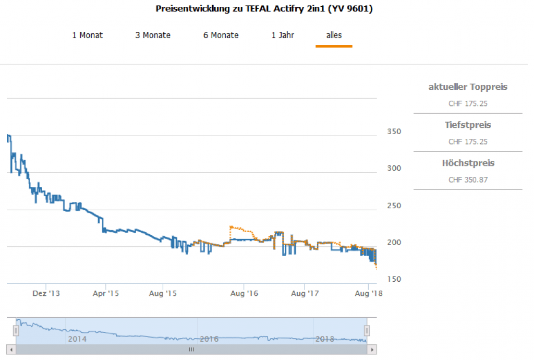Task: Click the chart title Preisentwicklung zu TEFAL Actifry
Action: tap(264, 9)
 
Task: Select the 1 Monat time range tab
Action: tap(87, 35)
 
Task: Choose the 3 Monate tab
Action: tap(153, 35)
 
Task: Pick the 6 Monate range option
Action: tap(221, 35)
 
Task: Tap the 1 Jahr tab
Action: tap(283, 35)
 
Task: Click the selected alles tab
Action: tap(334, 35)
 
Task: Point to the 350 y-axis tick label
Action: tap(394, 131)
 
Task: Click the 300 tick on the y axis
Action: tap(394, 169)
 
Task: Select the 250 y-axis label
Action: tap(394, 206)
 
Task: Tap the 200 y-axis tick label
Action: tap(394, 243)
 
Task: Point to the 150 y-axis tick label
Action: tap(394, 280)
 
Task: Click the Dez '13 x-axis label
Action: tap(46, 294)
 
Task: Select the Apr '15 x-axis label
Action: tap(105, 294)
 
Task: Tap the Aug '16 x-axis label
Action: tap(245, 294)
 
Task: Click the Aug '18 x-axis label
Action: tap(369, 294)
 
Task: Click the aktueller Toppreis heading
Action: tap(468, 87)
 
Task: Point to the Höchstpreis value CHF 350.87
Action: tap(468, 180)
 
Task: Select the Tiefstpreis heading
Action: tap(468, 125)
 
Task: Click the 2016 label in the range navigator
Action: tap(209, 339)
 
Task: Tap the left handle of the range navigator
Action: tap(16, 330)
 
